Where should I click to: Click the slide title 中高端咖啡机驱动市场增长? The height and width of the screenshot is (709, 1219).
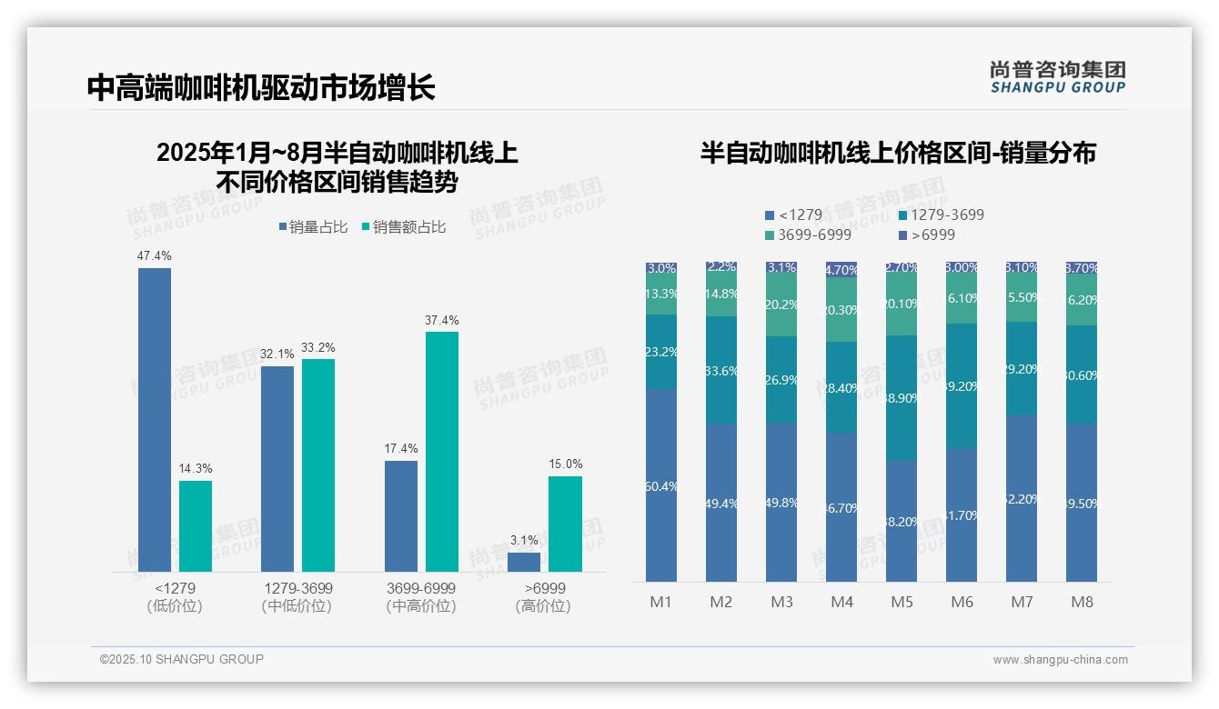pos(261,87)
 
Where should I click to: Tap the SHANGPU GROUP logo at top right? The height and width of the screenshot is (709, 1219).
pos(1057,76)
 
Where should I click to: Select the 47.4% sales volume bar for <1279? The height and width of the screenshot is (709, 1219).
pos(155,419)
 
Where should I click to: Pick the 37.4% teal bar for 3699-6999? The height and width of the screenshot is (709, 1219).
pos(442,451)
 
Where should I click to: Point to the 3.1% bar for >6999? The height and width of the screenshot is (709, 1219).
pos(524,562)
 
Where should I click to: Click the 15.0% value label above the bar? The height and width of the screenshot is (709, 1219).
pos(565,464)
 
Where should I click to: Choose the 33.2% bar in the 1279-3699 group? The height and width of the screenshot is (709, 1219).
pos(318,464)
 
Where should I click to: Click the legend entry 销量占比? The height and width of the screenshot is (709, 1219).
pos(312,226)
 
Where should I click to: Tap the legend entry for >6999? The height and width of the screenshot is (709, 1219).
pos(927,235)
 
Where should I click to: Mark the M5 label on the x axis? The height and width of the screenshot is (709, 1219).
pos(902,602)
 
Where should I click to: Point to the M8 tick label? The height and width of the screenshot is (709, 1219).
pos(1082,602)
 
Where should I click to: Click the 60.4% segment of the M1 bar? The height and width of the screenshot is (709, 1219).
pos(661,485)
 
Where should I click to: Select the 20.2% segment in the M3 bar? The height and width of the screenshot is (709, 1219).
pos(781,304)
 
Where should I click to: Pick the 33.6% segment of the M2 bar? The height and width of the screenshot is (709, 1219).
pos(721,370)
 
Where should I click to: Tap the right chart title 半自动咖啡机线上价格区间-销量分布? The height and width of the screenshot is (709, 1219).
pos(897,153)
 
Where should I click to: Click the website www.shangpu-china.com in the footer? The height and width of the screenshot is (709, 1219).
pos(1060,660)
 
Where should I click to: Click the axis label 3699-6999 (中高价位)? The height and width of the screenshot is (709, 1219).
pos(421,597)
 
